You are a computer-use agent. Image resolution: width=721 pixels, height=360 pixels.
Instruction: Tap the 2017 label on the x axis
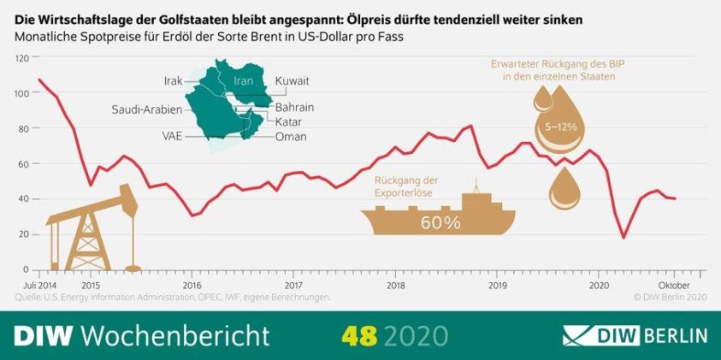293,284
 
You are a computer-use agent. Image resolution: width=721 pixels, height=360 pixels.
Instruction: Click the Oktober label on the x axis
674,284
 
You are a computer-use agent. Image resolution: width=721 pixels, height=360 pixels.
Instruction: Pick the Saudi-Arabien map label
148,109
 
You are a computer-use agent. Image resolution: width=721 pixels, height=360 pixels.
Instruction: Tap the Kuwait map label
292,80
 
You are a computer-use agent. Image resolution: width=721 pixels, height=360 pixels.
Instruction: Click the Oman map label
291,136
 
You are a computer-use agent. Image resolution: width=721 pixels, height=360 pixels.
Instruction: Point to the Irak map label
174,80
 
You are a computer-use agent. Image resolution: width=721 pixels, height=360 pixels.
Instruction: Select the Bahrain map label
295,108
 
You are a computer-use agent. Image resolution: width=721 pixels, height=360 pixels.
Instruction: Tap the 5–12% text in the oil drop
560,127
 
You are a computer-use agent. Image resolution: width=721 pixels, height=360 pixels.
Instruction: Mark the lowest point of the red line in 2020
623,238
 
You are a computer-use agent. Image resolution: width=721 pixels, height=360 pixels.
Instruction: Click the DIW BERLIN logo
635,333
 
